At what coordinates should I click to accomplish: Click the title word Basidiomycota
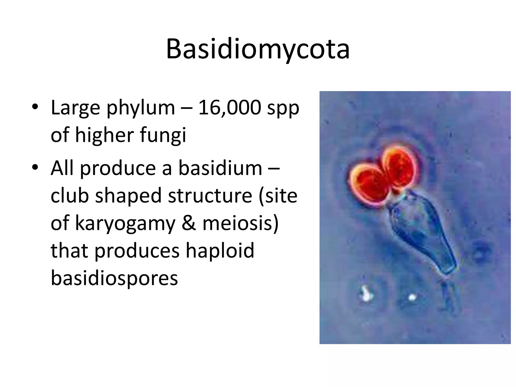point(258,49)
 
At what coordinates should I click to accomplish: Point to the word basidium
point(220,168)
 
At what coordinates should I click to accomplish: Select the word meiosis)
point(241,223)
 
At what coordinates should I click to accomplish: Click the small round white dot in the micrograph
point(412,298)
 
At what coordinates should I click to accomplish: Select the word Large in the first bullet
point(75,108)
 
